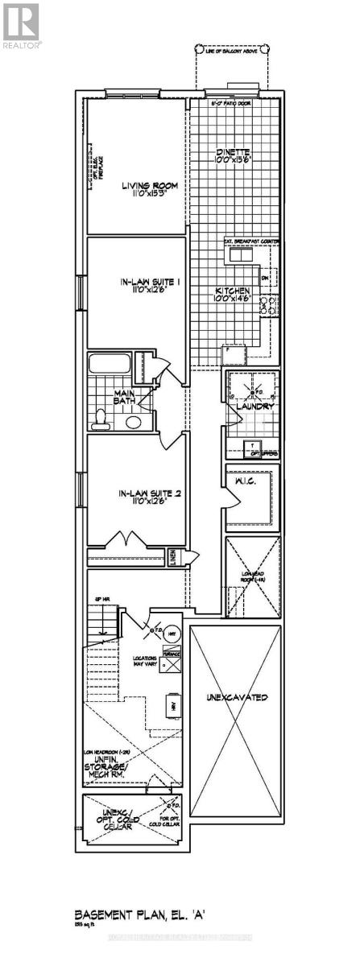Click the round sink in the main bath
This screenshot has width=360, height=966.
[134, 421]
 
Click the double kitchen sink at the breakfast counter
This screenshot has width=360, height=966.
[239, 255]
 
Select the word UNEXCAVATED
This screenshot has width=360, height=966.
[236, 696]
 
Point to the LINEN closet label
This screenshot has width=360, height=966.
[172, 556]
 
